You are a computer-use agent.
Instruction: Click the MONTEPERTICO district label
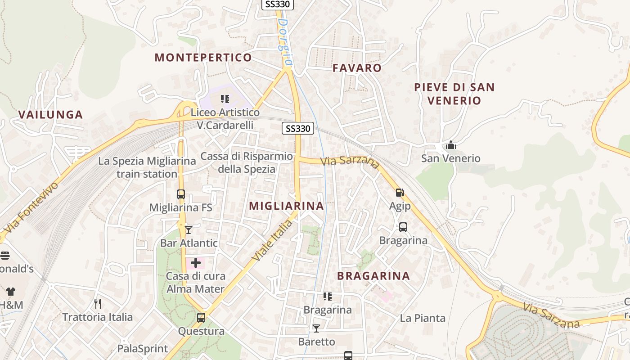coord(203,58)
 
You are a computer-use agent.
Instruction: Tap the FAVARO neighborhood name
coord(357,68)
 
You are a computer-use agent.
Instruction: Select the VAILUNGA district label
coord(51,114)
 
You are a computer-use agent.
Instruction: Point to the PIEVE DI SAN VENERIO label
coord(454,94)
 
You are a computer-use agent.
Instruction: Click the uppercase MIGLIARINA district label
coord(286,206)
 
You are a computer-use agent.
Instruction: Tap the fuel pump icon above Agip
coord(400,193)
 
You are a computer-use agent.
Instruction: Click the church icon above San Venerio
coord(450,145)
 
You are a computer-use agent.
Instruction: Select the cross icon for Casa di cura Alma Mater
coord(196,263)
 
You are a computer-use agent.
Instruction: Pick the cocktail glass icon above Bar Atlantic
coord(189,230)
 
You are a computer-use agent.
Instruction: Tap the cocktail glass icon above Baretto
coord(316,328)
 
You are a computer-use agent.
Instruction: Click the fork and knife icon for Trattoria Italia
coord(98,304)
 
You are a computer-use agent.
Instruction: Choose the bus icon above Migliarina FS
coord(180,194)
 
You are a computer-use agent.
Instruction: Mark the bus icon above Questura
coord(201,318)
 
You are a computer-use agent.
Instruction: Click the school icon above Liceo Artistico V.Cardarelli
coord(225,99)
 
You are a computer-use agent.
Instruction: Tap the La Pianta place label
coord(423,318)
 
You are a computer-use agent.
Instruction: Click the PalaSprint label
coord(142,349)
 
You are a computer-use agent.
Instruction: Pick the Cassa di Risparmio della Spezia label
coord(247,162)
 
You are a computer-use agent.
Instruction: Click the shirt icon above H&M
coord(10,292)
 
